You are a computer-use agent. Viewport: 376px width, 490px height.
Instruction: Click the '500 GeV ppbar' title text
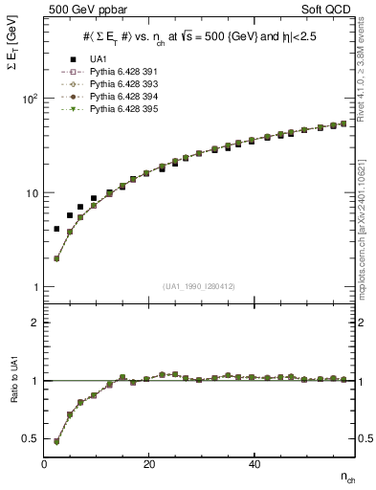79,11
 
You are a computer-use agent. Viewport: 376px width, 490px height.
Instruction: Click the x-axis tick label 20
148,463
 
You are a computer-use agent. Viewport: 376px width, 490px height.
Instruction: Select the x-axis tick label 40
254,463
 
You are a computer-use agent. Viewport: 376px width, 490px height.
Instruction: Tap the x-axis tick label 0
45,463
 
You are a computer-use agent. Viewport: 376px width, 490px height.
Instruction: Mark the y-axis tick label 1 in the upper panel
33,287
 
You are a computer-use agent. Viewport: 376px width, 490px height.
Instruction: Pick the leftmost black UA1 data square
56,230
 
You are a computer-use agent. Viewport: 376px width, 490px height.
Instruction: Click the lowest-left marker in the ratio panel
56,441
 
